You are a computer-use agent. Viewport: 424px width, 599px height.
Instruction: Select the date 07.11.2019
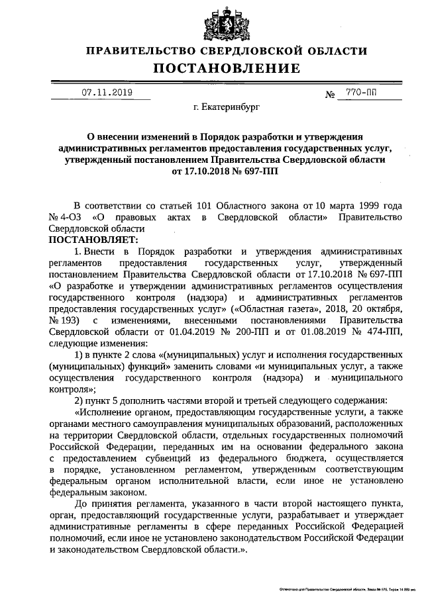[107, 93]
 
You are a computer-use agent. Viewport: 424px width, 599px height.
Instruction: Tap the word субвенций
[175, 457]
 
